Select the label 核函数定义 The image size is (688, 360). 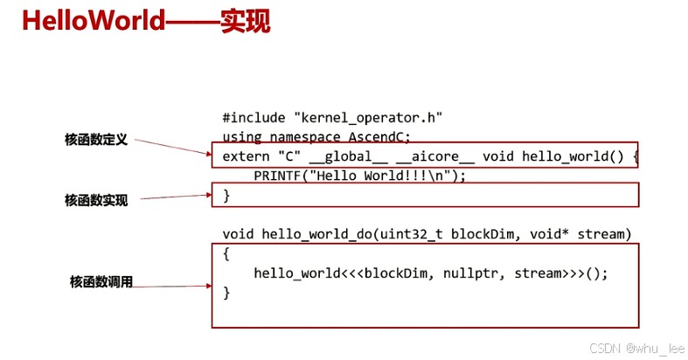(x=96, y=139)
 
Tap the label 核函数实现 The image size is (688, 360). (x=96, y=200)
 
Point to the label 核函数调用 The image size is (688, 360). (x=101, y=282)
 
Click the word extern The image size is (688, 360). (x=247, y=157)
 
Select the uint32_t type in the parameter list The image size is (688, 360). (x=408, y=234)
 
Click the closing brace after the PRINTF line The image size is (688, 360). (x=226, y=195)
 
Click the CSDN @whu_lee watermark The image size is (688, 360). (x=637, y=348)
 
